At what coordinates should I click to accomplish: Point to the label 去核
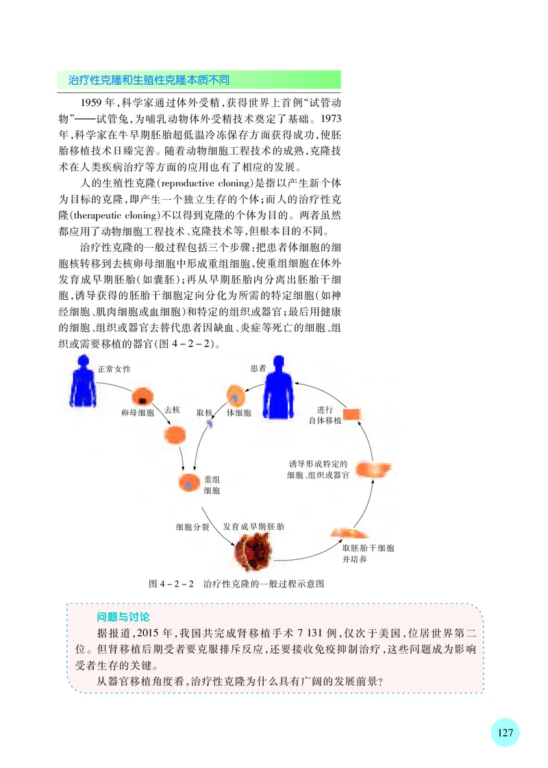(171, 410)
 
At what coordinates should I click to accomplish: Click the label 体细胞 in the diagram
(239, 413)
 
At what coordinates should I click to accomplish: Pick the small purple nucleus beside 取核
(210, 424)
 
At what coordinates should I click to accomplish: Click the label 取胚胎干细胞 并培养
(368, 554)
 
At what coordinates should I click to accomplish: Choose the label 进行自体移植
(325, 415)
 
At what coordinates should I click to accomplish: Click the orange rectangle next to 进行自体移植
(352, 413)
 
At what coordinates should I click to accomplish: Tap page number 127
(506, 732)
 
